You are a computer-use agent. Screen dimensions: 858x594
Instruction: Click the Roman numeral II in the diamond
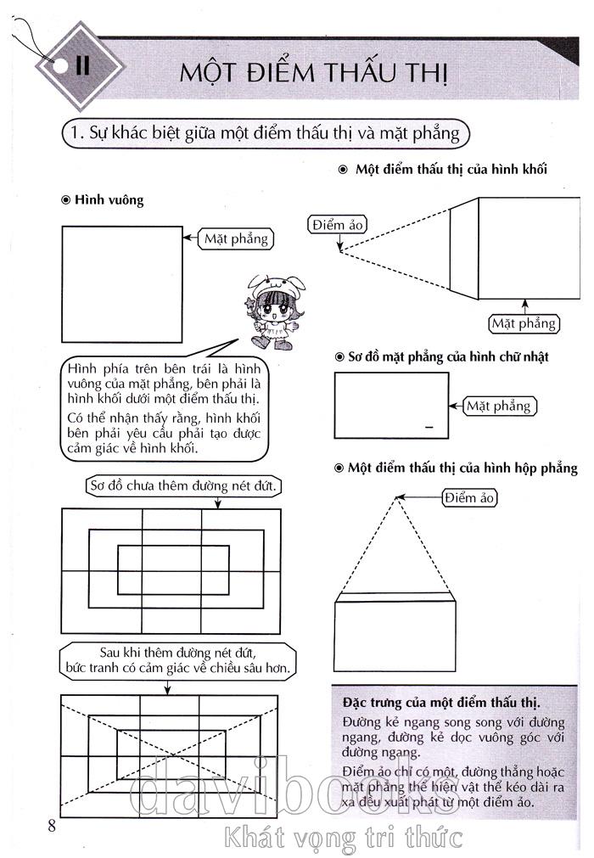click(82, 64)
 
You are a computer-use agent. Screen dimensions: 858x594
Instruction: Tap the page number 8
click(52, 826)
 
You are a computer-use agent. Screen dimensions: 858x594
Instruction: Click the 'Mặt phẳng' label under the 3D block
click(524, 323)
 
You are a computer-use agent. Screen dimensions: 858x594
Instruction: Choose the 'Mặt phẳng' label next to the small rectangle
click(498, 406)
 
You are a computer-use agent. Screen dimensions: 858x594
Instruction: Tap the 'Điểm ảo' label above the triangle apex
click(469, 498)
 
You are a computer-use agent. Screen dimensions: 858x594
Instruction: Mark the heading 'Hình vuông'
click(109, 200)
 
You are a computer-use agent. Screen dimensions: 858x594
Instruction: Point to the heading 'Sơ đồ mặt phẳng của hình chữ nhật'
click(448, 356)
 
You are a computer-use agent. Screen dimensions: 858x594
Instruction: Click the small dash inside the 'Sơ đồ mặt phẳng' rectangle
click(429, 426)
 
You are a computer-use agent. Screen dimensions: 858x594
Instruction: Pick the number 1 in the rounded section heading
click(74, 133)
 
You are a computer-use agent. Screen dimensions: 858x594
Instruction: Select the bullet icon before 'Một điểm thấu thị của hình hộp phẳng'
click(340, 468)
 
